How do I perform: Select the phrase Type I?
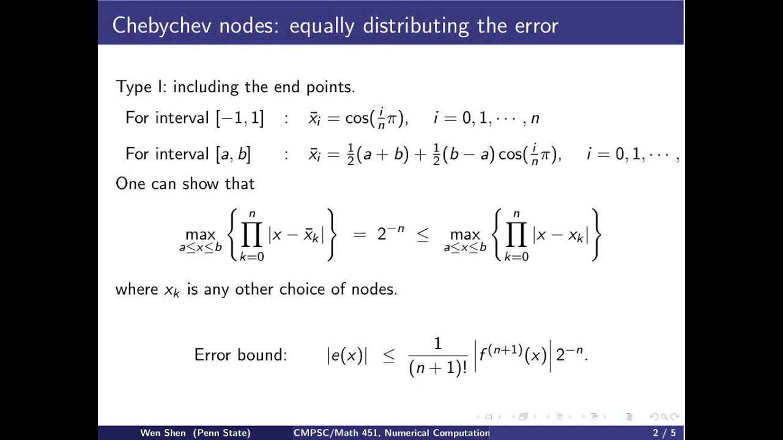(x=133, y=87)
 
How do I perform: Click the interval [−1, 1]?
(x=240, y=118)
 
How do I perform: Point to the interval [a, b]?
(x=232, y=154)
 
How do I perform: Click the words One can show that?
(x=185, y=183)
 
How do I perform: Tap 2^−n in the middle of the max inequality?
(x=390, y=235)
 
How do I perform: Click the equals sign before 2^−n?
(x=360, y=235)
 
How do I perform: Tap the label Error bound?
(x=240, y=354)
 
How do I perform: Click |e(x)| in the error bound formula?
(x=346, y=356)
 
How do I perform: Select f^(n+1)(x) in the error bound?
(x=513, y=354)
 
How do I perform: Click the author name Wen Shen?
(x=163, y=433)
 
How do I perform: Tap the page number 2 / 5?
(x=663, y=433)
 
